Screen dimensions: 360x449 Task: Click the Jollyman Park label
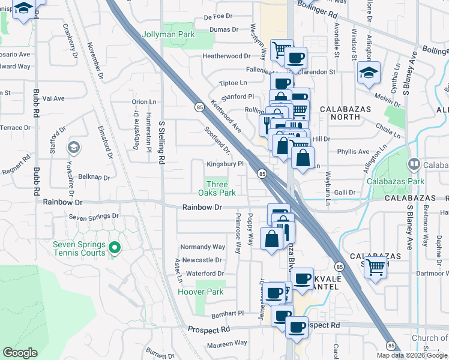tap(168, 35)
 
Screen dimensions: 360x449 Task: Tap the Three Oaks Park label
tap(217, 188)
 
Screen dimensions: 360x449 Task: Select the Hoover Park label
tap(200, 292)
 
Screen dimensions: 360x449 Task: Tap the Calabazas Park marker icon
tap(414, 164)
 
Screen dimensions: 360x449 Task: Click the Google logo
tap(20, 352)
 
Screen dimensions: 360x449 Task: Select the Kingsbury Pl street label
tap(224, 164)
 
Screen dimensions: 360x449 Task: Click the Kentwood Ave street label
tap(226, 116)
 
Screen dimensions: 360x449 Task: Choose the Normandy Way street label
tap(203, 247)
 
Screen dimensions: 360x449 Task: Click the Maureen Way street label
tap(227, 343)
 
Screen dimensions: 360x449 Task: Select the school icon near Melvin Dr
tap(369, 73)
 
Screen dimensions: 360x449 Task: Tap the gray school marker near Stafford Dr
tap(73, 147)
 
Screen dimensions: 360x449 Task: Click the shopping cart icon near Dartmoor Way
tap(376, 266)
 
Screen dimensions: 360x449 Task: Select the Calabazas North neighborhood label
tap(348, 113)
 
